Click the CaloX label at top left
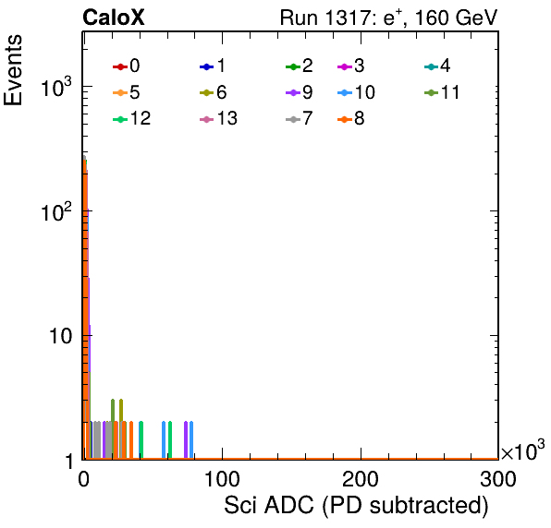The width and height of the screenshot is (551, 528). [114, 18]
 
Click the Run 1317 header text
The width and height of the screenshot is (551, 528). [388, 18]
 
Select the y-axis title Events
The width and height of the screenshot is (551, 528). [13, 70]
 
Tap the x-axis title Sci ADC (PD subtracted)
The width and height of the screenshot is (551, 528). [356, 506]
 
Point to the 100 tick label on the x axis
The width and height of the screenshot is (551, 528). [222, 479]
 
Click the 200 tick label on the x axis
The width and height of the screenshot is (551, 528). [361, 479]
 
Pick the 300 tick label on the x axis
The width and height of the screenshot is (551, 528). [498, 479]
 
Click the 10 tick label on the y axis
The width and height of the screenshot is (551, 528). [61, 336]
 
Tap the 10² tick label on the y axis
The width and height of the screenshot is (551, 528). [56, 211]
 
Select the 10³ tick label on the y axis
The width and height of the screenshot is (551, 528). [56, 87]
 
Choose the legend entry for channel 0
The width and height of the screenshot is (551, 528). [127, 66]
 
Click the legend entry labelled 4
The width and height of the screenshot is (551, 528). [437, 66]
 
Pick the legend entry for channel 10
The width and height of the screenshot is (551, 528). [356, 92]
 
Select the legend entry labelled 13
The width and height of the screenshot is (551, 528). [218, 118]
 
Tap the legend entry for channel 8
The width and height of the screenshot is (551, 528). [351, 118]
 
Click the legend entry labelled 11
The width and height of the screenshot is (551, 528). [442, 92]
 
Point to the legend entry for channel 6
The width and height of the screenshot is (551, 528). [213, 92]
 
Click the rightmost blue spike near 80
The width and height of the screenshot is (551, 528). [191, 440]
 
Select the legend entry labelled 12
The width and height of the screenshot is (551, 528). [132, 118]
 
